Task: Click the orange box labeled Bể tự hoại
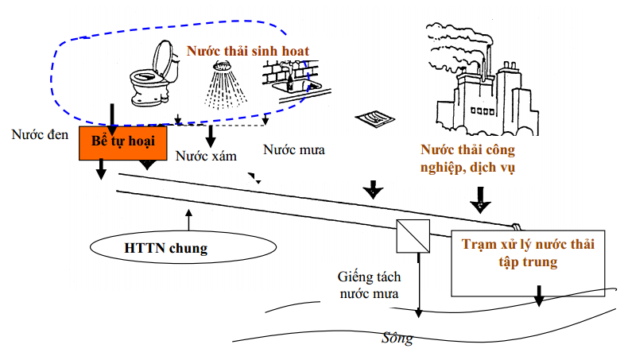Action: (x=122, y=141)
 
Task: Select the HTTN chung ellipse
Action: (x=165, y=249)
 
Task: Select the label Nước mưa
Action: (x=294, y=149)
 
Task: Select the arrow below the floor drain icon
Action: (x=371, y=191)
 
